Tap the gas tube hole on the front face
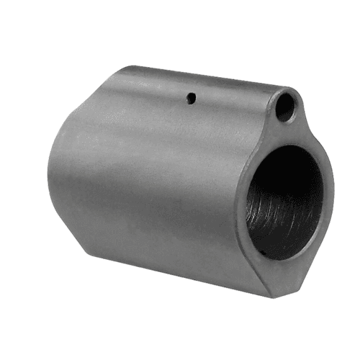coord(286,107)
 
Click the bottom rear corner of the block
coord(86,245)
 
